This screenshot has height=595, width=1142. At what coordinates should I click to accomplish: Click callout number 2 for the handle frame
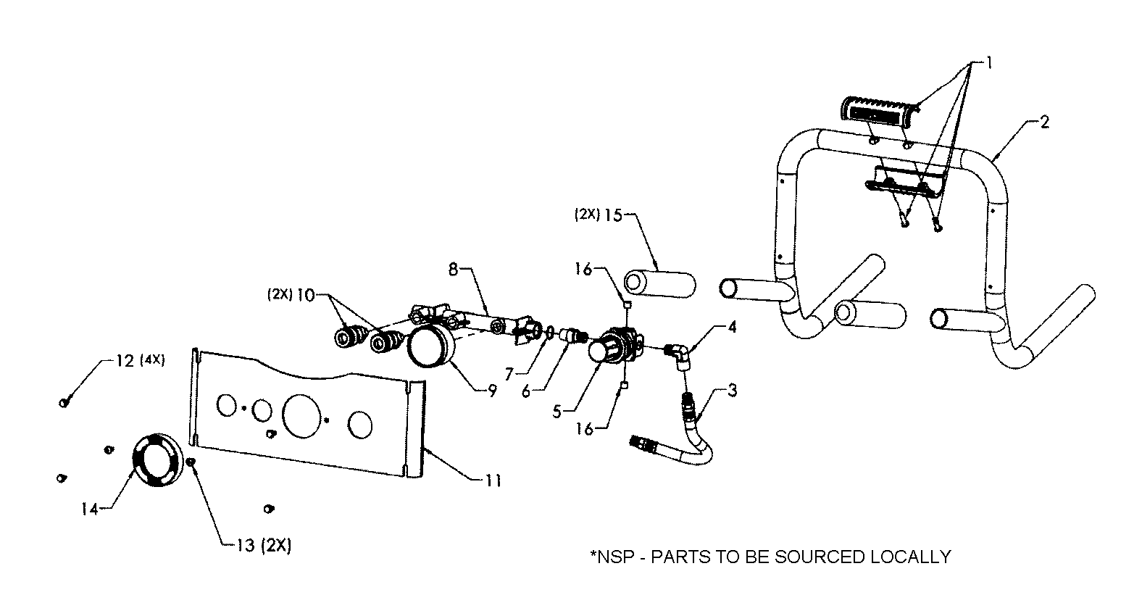click(x=1044, y=122)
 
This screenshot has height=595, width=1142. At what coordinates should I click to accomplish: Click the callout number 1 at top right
click(x=989, y=64)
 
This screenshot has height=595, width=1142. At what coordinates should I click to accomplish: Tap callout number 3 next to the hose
click(x=733, y=391)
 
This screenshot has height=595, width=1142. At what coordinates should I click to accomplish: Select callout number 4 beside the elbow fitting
click(x=733, y=328)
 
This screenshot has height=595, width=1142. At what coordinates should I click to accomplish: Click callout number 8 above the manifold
click(x=454, y=270)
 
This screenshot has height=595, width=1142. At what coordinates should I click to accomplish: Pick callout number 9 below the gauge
click(x=492, y=391)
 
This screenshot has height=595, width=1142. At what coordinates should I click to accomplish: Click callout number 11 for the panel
click(x=493, y=480)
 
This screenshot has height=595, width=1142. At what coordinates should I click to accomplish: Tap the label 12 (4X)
click(x=140, y=360)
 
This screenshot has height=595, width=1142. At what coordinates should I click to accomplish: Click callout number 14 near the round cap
click(x=90, y=509)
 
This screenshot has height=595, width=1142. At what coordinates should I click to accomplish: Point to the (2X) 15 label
click(x=598, y=215)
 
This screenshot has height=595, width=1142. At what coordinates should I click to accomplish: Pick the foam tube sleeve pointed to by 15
click(x=659, y=283)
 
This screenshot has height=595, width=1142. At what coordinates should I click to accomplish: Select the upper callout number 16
click(x=584, y=270)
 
